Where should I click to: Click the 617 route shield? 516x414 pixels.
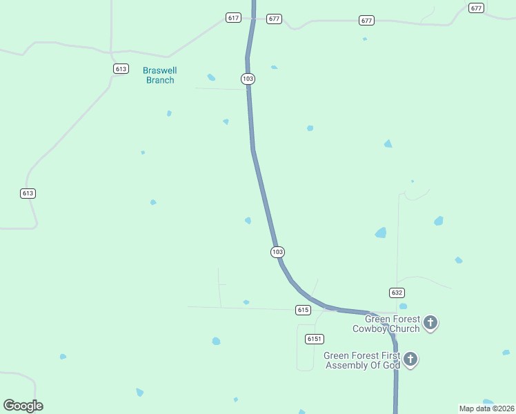click(x=233, y=17)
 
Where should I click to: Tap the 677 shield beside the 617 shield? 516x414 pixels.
click(x=274, y=19)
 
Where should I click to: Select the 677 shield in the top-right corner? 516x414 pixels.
click(x=476, y=8)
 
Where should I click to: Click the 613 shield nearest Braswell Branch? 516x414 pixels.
click(x=121, y=68)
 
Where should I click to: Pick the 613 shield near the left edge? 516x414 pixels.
click(x=28, y=193)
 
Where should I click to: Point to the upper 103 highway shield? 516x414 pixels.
click(x=248, y=79)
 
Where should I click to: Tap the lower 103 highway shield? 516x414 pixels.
click(x=277, y=252)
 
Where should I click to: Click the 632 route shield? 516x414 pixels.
click(x=397, y=293)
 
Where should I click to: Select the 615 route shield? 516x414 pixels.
click(x=302, y=310)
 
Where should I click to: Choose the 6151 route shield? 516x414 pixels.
click(x=315, y=339)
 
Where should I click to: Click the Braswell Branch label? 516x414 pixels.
click(x=159, y=75)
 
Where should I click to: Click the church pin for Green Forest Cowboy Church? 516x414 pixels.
click(x=430, y=322)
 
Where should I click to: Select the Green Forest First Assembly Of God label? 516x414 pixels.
click(x=362, y=360)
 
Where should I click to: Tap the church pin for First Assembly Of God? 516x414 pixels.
click(x=410, y=359)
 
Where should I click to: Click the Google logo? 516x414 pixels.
click(x=23, y=405)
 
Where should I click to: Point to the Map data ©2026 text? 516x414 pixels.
click(x=486, y=408)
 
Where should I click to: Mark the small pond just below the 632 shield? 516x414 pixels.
click(x=403, y=306)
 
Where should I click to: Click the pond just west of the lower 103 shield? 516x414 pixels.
click(x=248, y=221)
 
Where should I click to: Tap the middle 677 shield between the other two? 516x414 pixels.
click(x=366, y=21)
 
